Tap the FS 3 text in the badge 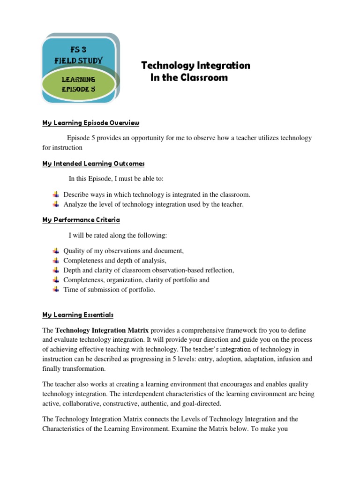click(x=78, y=50)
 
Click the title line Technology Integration click(x=195, y=66)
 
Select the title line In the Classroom click(x=189, y=78)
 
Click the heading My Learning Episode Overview click(x=90, y=123)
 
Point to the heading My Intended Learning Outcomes click(x=93, y=164)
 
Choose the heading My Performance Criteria click(x=81, y=219)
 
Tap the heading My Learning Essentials click(x=77, y=315)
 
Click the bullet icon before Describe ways click(x=56, y=194)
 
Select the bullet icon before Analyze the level click(x=56, y=204)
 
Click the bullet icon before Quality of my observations click(x=56, y=251)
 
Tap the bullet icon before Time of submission click(x=56, y=289)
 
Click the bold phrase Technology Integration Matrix click(x=102, y=330)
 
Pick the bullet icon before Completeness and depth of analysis click(x=56, y=260)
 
